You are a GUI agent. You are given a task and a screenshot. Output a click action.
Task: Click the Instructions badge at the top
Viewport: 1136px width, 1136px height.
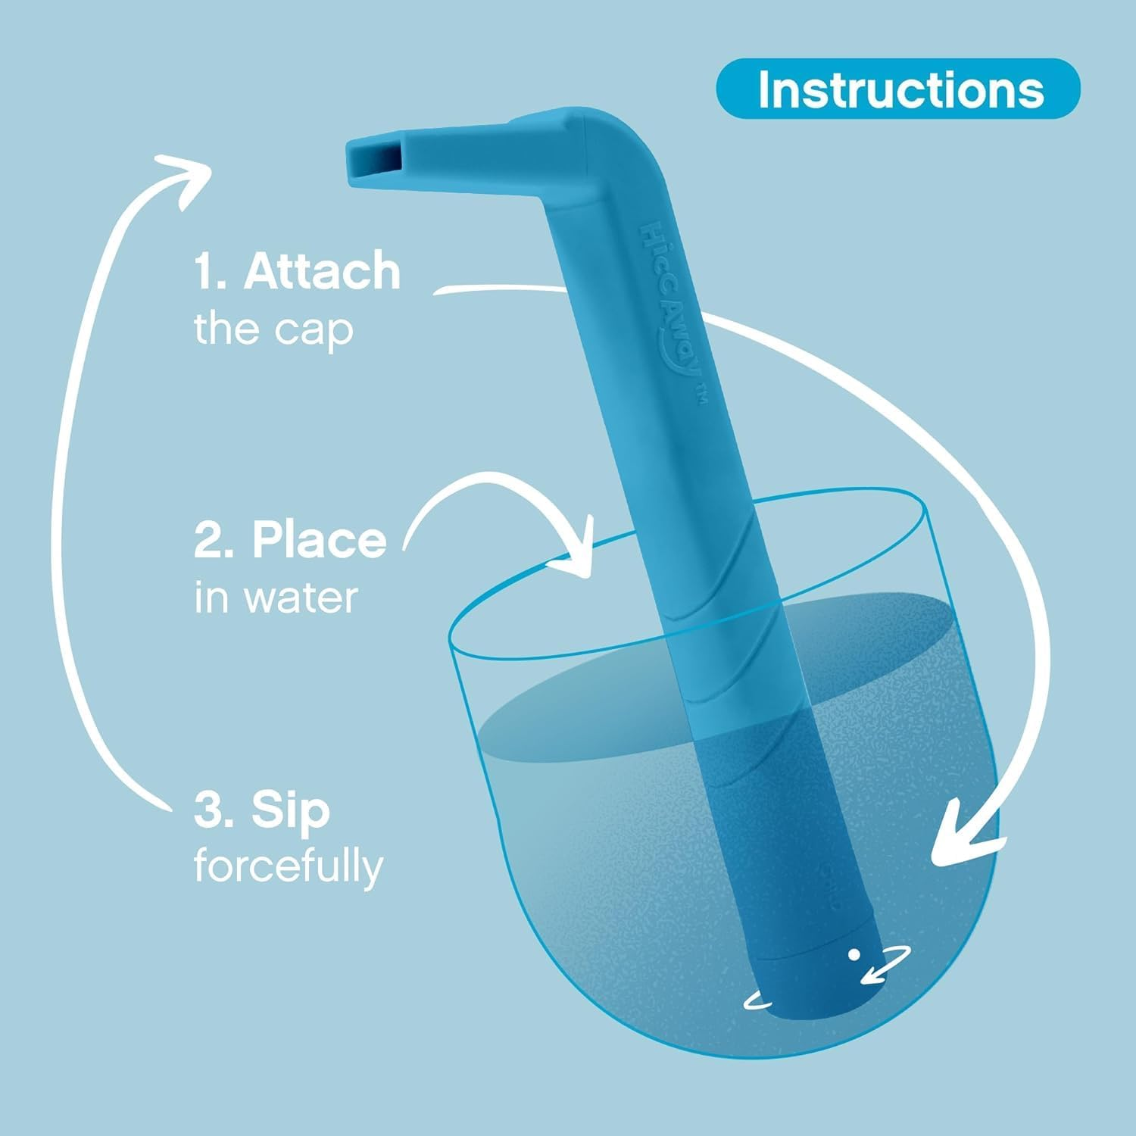[897, 89]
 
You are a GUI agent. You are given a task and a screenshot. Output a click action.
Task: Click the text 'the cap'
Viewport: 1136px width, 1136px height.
[273, 329]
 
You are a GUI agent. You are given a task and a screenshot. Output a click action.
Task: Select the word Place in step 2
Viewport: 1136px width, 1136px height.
[319, 540]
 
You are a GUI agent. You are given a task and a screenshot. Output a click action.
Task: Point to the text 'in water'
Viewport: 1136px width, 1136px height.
[276, 598]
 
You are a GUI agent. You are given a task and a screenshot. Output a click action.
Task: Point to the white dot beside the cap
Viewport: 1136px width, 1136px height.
[854, 954]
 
